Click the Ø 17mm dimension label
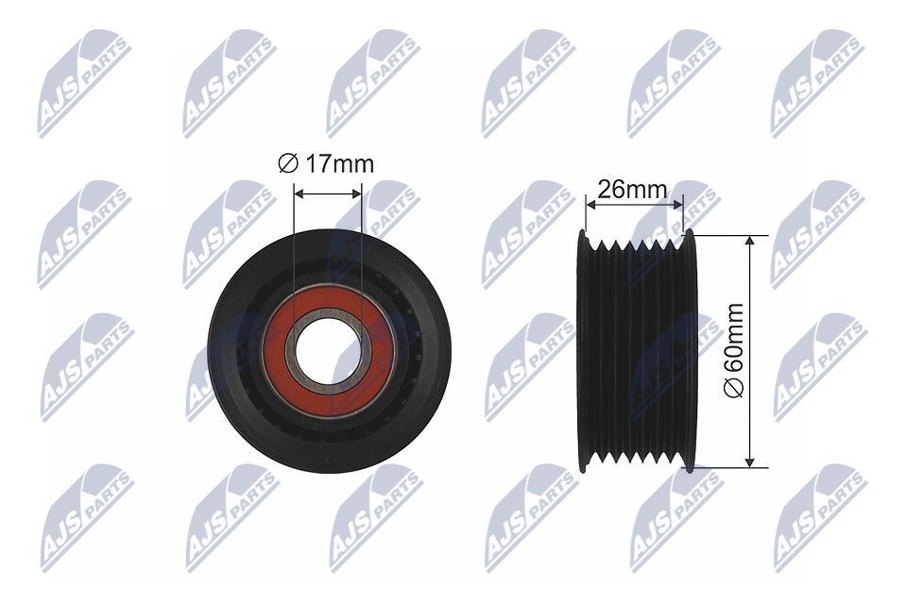tap(327, 164)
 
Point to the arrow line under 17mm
tap(328, 193)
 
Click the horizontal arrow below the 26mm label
tap(633, 203)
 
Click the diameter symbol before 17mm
tap(287, 164)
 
